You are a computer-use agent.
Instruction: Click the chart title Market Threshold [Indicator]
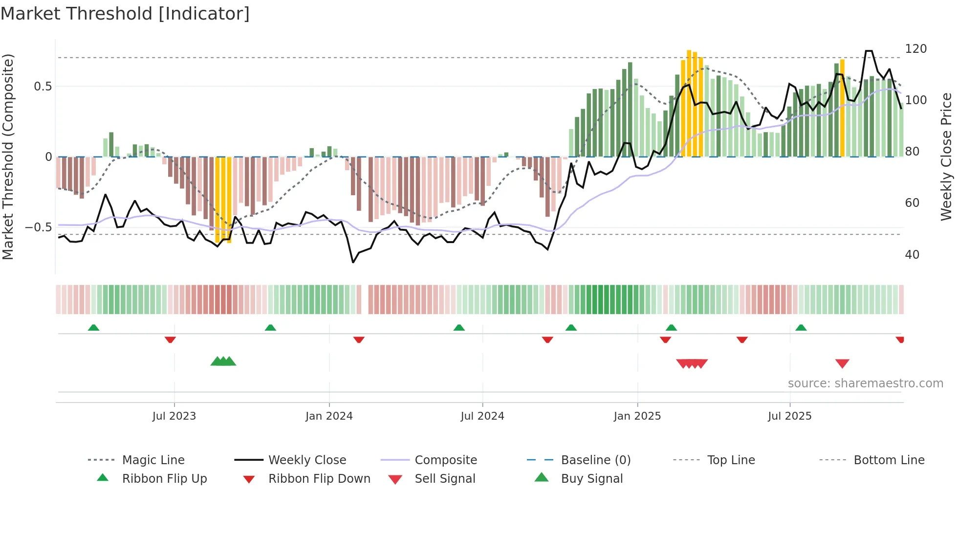click(x=125, y=14)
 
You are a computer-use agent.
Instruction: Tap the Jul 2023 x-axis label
click(x=174, y=416)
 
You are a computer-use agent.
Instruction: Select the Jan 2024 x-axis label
click(x=329, y=416)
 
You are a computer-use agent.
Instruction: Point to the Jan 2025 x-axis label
click(x=637, y=416)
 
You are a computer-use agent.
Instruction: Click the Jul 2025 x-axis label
click(x=789, y=416)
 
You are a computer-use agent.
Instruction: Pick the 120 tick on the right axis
click(x=915, y=49)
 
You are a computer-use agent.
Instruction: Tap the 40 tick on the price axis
click(x=912, y=255)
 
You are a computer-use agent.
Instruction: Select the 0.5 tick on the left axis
click(x=43, y=87)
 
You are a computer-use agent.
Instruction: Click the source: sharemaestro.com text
click(x=865, y=383)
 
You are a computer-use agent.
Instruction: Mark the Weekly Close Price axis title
click(x=946, y=157)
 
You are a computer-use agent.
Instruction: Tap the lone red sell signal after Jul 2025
click(x=842, y=363)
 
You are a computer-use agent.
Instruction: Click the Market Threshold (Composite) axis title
click(x=8, y=157)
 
